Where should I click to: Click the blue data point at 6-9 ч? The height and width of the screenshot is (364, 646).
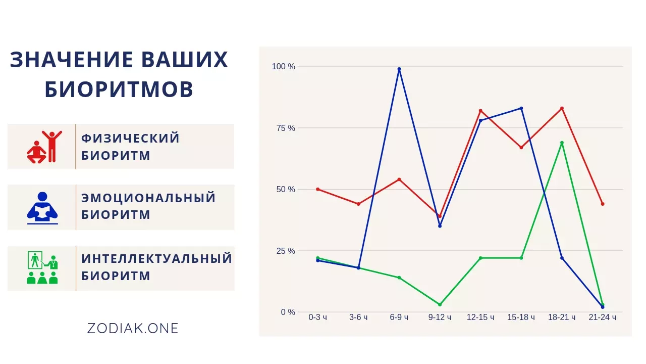coord(399,69)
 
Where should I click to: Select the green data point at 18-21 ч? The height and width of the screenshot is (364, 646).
coord(562,143)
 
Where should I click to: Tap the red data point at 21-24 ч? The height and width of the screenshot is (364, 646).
coord(603,204)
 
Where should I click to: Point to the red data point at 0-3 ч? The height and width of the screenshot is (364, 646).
coord(318,189)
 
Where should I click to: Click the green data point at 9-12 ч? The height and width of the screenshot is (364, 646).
coord(440,304)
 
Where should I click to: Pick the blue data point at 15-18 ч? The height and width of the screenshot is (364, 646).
coord(521,108)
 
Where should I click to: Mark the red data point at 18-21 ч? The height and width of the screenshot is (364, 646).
coord(562,108)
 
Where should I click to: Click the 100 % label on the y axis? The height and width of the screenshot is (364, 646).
coord(284,66)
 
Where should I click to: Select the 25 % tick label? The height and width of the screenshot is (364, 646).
coord(286,251)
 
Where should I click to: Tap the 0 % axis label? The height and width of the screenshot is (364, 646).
coord(288,312)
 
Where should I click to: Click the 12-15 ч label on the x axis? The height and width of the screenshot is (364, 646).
coord(480,317)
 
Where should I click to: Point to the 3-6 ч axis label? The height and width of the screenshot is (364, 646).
coord(358,317)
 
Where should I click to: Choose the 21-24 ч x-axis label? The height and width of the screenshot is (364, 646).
coord(603,317)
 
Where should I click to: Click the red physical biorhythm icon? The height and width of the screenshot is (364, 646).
coord(44,147)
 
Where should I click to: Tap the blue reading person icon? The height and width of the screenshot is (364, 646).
coord(42,208)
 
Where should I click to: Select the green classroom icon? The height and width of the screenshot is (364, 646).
coord(42,267)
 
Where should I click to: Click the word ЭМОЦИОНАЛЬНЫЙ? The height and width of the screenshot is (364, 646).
coord(148,198)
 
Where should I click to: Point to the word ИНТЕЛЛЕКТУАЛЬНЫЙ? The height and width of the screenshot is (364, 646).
coord(156,258)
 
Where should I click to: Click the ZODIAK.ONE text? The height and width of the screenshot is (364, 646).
coord(133,329)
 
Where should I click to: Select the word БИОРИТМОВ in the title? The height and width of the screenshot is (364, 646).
coord(119,89)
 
